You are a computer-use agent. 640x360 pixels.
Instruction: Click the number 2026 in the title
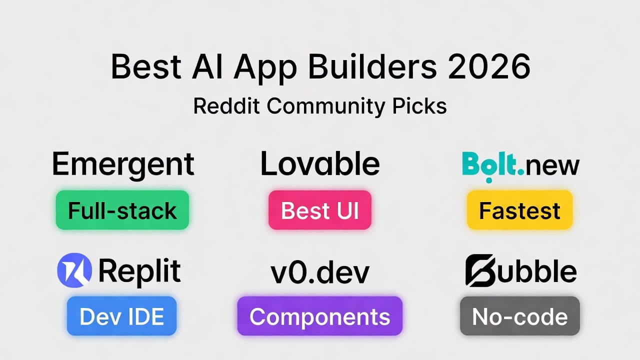click(488, 66)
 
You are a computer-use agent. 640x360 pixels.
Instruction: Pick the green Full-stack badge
click(122, 210)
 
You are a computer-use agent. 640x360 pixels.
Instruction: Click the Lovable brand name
click(320, 164)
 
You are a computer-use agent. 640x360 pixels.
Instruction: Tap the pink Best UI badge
click(320, 210)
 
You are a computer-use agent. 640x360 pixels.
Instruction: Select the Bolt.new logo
click(520, 165)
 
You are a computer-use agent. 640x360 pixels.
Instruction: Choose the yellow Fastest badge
click(519, 210)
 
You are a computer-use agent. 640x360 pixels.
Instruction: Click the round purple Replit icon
click(74, 270)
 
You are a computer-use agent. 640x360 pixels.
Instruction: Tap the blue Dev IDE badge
click(122, 316)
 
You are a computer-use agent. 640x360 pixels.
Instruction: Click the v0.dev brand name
click(320, 272)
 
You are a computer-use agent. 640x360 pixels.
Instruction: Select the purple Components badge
click(320, 316)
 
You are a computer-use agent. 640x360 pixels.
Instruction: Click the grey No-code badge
click(520, 316)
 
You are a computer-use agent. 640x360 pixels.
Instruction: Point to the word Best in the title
click(145, 66)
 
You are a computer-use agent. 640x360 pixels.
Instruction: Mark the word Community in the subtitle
click(325, 106)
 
